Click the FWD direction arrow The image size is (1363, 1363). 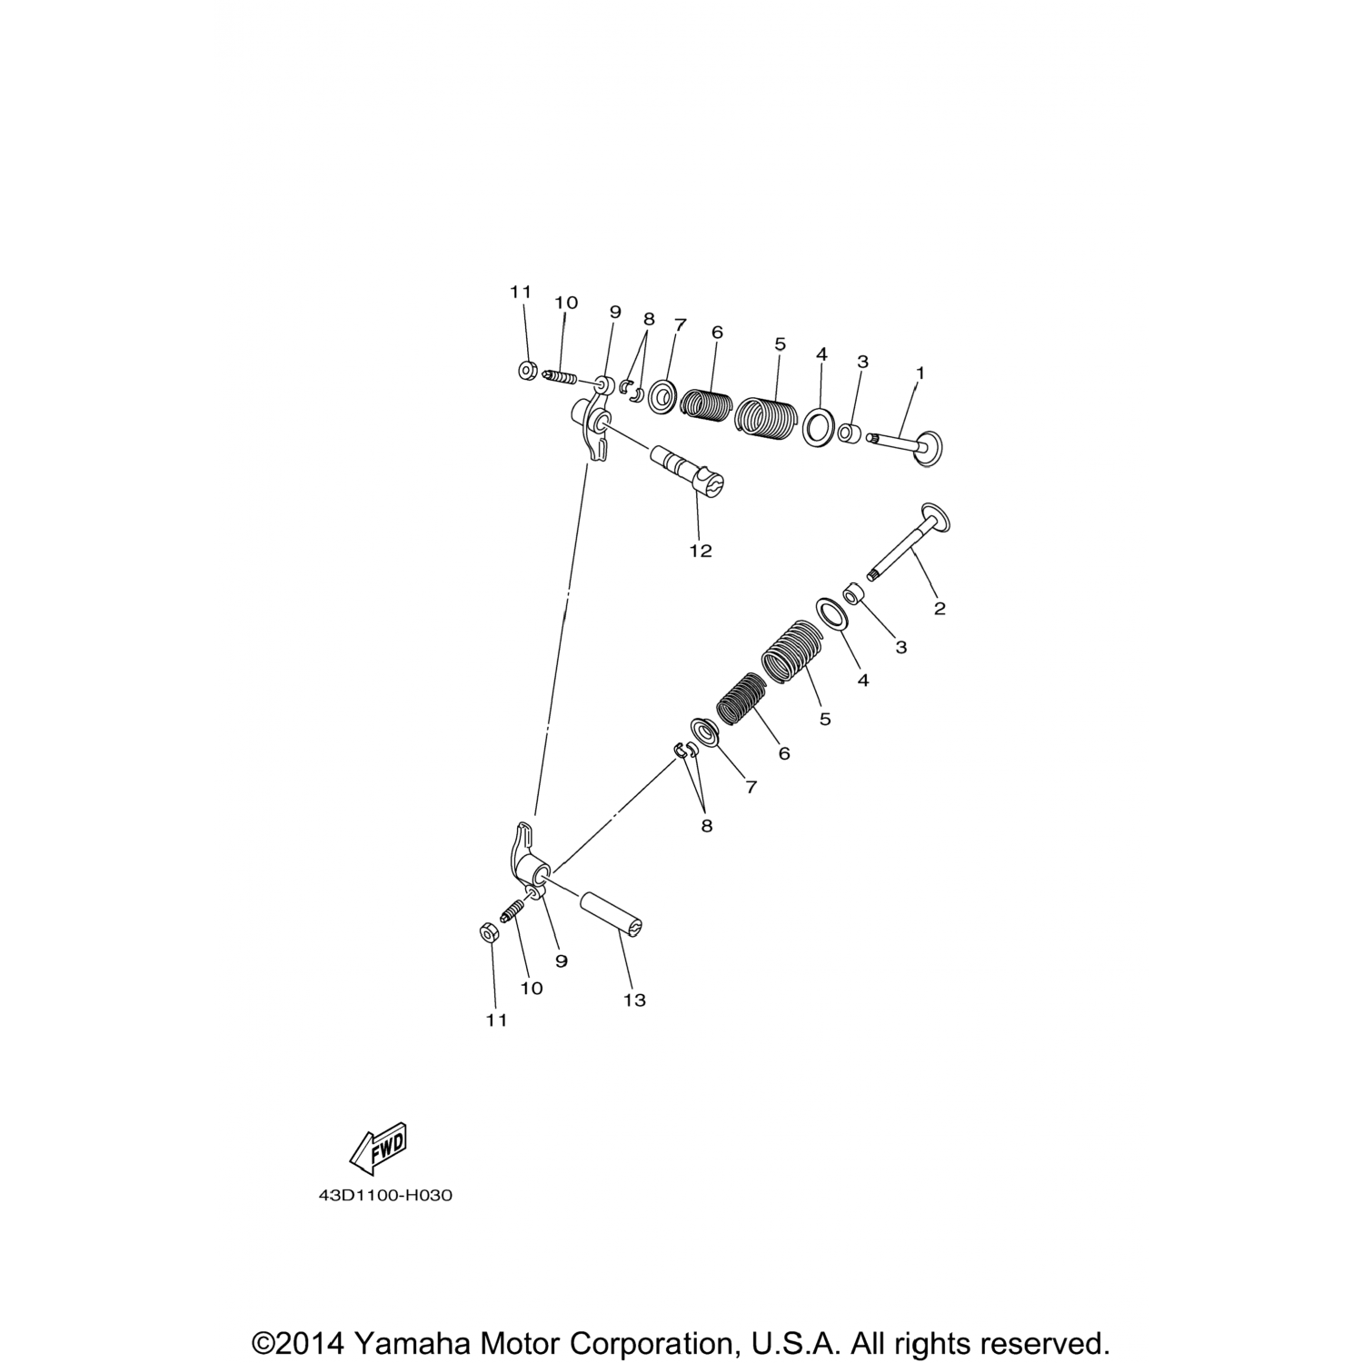[377, 1149]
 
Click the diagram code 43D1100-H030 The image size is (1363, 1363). [385, 1195]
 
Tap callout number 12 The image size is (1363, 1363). [701, 550]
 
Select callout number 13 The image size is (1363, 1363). [634, 1000]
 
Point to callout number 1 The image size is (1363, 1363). [920, 373]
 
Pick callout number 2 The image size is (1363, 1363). [940, 608]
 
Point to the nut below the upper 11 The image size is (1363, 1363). [526, 371]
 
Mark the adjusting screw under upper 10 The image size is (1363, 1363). [561, 377]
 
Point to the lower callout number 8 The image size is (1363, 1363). [707, 825]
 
